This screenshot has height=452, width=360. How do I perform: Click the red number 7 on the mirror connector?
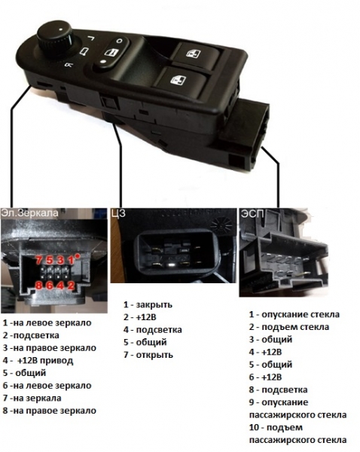coord(39,261)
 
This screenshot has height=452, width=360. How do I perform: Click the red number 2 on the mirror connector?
coord(71,286)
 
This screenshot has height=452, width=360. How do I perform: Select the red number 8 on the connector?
coord(38,286)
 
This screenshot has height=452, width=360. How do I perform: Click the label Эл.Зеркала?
coord(29,212)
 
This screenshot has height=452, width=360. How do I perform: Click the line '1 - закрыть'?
coord(148,304)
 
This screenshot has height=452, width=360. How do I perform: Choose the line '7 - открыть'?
coord(148,355)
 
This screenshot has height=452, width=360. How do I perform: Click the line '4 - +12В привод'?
coord(38,361)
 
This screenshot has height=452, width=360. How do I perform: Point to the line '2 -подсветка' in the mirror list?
coord(31,335)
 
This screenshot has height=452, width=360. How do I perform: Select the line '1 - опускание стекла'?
coord(294,314)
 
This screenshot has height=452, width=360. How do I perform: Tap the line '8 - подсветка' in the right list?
coord(278,389)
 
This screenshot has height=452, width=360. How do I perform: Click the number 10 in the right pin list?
coord(255,427)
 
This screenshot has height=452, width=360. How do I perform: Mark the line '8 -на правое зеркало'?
coord(49,411)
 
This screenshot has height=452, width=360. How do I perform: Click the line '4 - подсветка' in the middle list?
coord(153,329)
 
